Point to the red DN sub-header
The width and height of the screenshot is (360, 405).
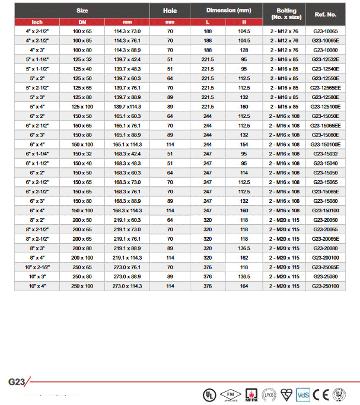(x=83, y=22)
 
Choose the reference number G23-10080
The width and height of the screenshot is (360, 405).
(x=324, y=50)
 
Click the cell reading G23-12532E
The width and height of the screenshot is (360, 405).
(x=324, y=60)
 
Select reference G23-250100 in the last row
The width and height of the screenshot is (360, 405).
(x=324, y=286)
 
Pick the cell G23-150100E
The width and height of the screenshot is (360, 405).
(x=324, y=145)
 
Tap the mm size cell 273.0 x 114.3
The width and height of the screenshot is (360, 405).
(x=127, y=286)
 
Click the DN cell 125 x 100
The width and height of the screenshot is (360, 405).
(x=83, y=107)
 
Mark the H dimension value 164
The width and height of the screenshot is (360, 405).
(x=244, y=286)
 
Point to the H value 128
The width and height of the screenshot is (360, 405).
(x=244, y=50)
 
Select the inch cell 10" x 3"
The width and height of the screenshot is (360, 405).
(x=37, y=276)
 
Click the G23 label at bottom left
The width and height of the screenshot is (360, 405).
(x=16, y=382)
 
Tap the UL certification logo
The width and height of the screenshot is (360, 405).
(x=209, y=394)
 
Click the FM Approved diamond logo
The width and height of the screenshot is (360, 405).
(x=228, y=394)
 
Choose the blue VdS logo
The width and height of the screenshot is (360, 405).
(x=303, y=394)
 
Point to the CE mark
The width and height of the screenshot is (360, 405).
(x=320, y=394)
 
